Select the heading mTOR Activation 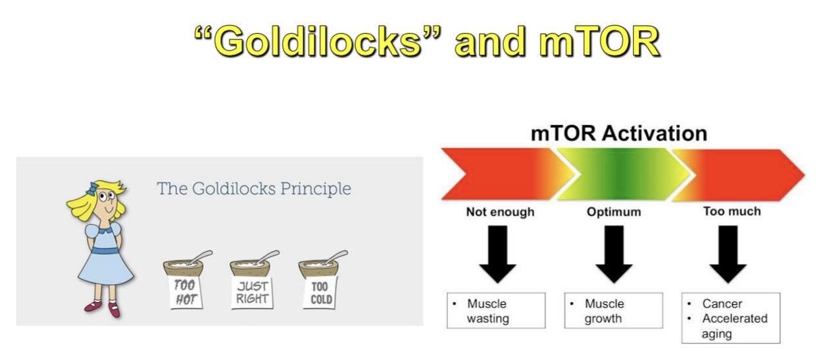(619, 133)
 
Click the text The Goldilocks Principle (254, 189)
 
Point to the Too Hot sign (186, 292)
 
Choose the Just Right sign (252, 292)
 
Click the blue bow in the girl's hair (93, 188)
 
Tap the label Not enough (500, 212)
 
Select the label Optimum (614, 212)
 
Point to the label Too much (732, 211)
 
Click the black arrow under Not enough (497, 254)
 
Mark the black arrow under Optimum (614, 254)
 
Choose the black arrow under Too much (728, 254)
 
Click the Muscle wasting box (496, 311)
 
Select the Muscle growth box (614, 311)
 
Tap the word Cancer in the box (722, 304)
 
